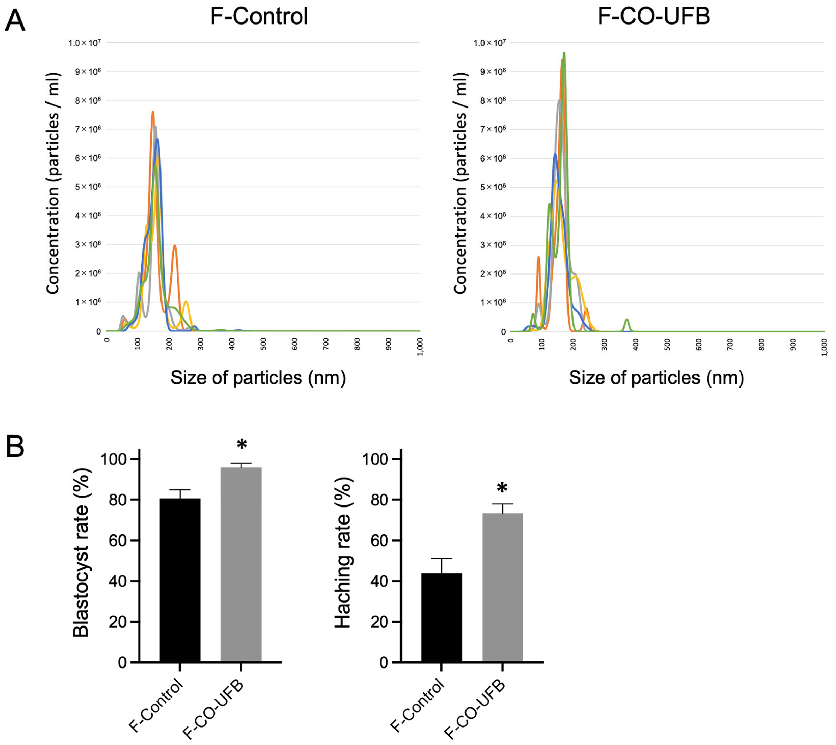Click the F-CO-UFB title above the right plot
click(x=654, y=16)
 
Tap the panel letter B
click(x=15, y=448)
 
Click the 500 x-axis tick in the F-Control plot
click(x=263, y=344)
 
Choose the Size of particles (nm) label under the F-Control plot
click(x=258, y=377)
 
